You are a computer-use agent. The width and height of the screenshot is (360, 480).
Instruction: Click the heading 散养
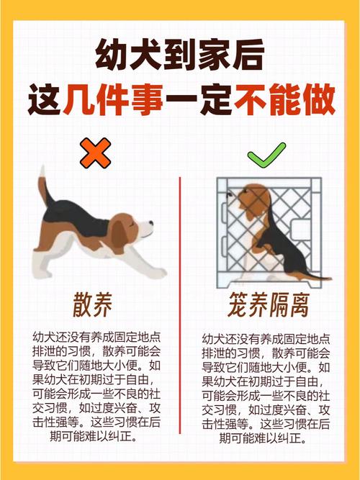click(93, 305)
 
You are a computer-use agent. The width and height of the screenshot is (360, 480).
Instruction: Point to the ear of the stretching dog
click(119, 234)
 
